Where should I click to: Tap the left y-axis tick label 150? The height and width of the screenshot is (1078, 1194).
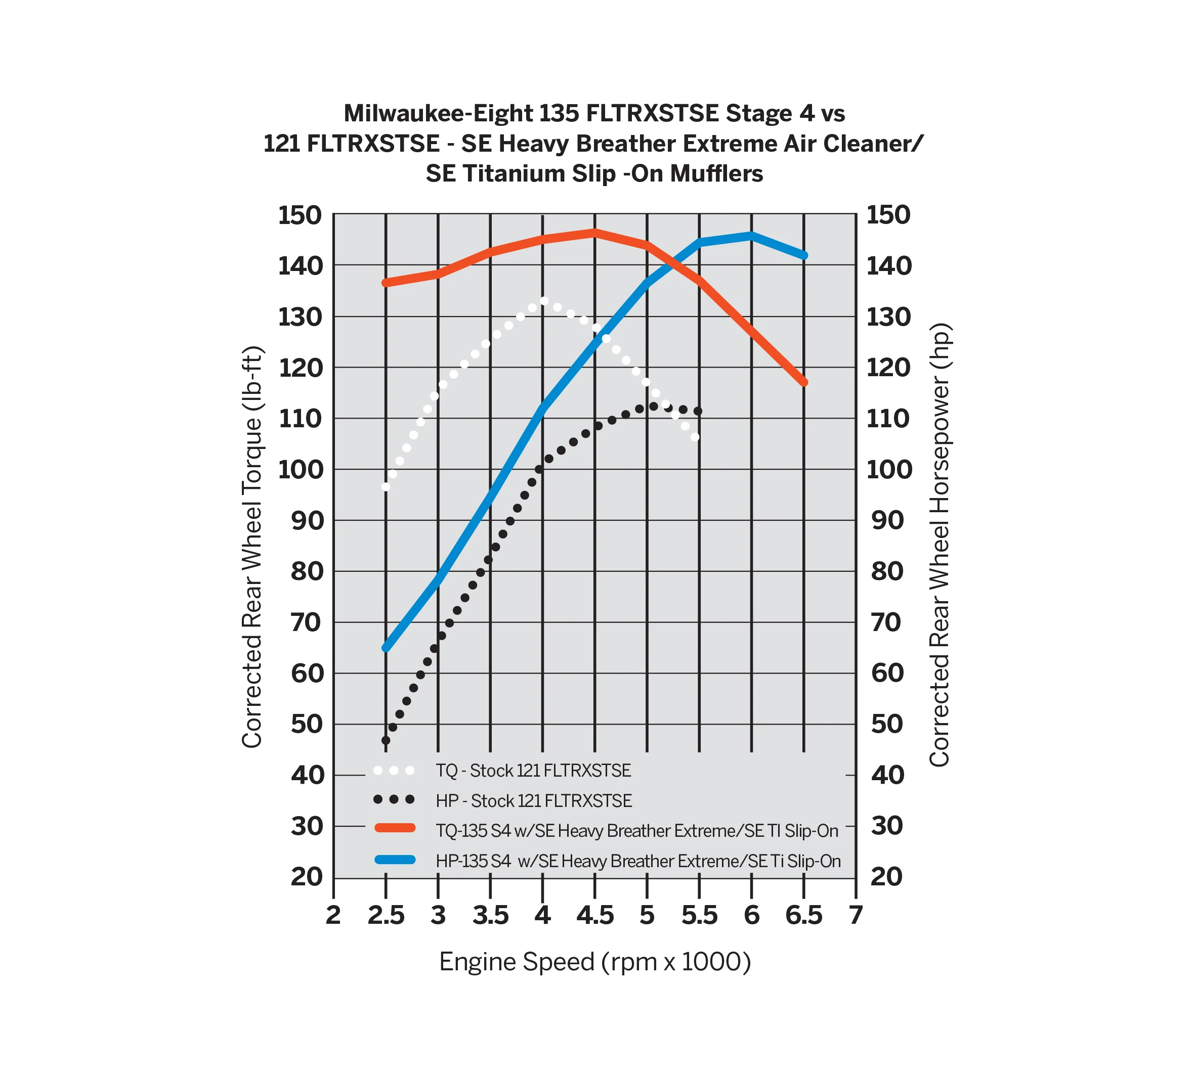(x=301, y=215)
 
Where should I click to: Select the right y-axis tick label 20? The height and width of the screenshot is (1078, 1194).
(x=886, y=877)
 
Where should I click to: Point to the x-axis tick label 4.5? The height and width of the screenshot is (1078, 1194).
(x=594, y=916)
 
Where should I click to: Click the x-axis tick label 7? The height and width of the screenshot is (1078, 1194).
(x=855, y=916)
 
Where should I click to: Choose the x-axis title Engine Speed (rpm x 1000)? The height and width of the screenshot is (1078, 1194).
(x=594, y=962)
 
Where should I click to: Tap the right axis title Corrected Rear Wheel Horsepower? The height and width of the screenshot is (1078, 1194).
(x=940, y=545)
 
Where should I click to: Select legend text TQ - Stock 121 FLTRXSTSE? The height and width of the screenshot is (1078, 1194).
(x=533, y=771)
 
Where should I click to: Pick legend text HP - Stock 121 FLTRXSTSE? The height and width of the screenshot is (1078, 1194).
(x=534, y=801)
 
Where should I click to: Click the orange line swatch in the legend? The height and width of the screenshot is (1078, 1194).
(x=395, y=828)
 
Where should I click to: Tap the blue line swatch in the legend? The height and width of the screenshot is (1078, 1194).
(x=395, y=860)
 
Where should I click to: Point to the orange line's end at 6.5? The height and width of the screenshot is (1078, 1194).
(x=804, y=382)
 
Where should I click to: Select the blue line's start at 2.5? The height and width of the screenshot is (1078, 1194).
(x=386, y=648)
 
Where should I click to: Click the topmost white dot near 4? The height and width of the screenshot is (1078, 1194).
(x=544, y=301)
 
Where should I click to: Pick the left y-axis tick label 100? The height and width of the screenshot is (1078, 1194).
(x=301, y=470)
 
